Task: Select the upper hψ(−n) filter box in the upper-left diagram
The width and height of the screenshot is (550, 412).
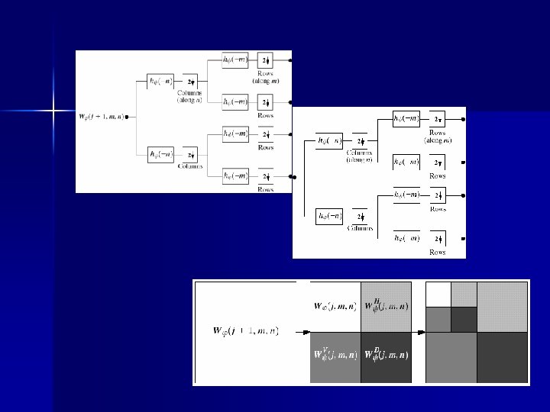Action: pyautogui.click(x=161, y=80)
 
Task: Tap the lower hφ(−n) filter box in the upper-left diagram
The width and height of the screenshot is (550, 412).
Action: pyautogui.click(x=161, y=155)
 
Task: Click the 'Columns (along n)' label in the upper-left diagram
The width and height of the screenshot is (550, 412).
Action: pyautogui.click(x=191, y=96)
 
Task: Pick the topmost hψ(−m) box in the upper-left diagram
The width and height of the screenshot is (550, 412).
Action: pyautogui.click(x=234, y=60)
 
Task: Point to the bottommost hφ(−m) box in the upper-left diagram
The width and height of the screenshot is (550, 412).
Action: pyautogui.click(x=234, y=176)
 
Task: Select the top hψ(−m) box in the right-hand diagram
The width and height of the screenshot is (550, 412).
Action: pyautogui.click(x=406, y=119)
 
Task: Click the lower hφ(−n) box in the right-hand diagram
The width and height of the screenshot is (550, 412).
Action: pyautogui.click(x=330, y=216)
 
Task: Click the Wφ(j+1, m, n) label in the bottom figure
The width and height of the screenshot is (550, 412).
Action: pyautogui.click(x=246, y=330)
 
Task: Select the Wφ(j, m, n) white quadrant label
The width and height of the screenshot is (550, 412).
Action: pyautogui.click(x=335, y=306)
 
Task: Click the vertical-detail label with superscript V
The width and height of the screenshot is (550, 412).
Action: pyautogui.click(x=335, y=355)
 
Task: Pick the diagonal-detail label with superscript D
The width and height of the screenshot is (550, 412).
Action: pyautogui.click(x=387, y=355)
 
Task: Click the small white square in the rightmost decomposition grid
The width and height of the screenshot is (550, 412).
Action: pyautogui.click(x=438, y=294)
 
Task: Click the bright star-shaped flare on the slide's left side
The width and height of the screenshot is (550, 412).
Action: pyautogui.click(x=53, y=111)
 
